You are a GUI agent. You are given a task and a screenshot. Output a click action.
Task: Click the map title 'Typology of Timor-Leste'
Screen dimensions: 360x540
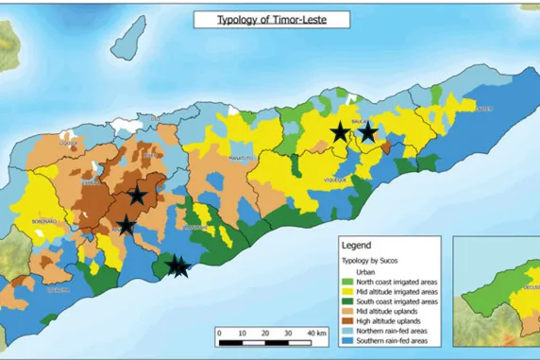[270, 19]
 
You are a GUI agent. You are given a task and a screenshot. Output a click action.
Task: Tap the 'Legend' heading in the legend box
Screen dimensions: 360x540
[361, 244]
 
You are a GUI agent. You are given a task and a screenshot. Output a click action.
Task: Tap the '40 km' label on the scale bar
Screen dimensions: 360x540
[315, 334]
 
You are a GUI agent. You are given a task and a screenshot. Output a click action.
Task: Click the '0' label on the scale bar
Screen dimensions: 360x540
[218, 334]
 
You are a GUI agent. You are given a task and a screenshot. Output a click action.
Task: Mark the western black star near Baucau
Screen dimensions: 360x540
[339, 133]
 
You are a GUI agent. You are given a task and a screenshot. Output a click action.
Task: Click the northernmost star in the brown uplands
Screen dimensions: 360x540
[137, 195]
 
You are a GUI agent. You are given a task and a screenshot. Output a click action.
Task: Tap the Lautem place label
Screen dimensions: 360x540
[484, 109]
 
